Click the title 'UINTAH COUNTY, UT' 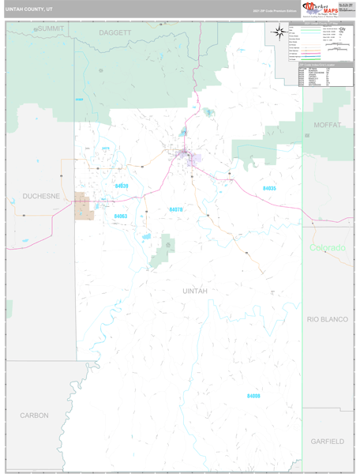[29, 10]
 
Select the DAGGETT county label [115, 32]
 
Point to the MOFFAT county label [326, 125]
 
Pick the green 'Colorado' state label [327, 247]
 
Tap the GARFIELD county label [326, 440]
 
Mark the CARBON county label [34, 415]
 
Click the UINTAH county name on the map [195, 291]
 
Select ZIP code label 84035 [269, 188]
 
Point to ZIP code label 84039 [122, 186]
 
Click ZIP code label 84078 [176, 209]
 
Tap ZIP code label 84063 [121, 215]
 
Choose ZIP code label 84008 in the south [253, 395]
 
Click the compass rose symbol [279, 32]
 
